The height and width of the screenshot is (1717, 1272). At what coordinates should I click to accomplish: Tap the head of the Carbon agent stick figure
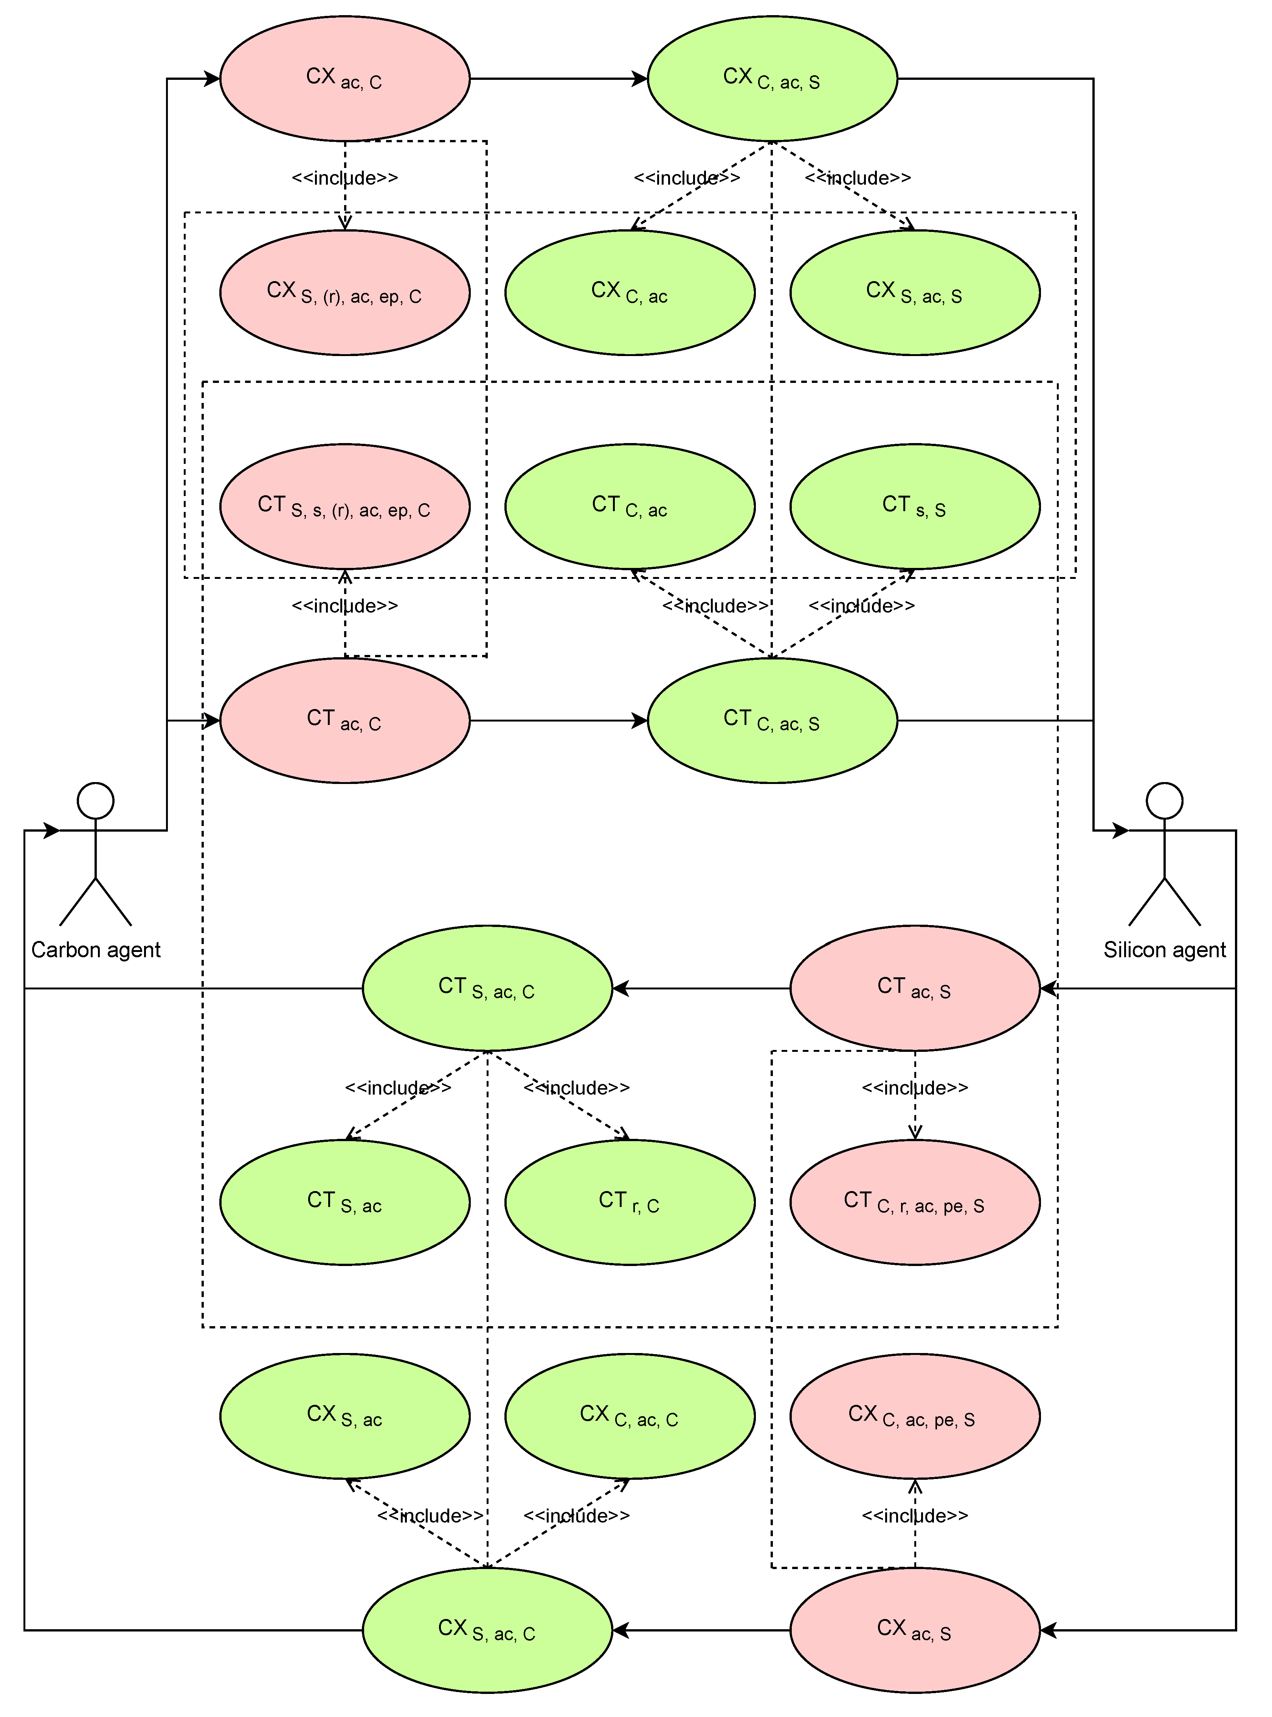tap(96, 801)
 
